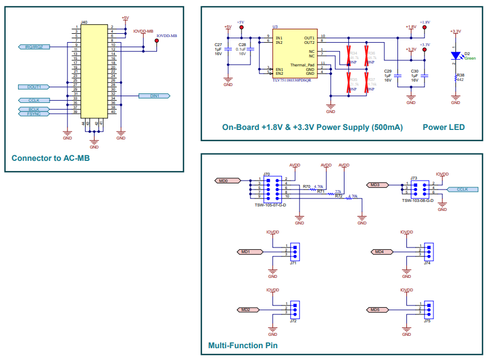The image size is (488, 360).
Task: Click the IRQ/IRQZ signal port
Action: (x=34, y=47)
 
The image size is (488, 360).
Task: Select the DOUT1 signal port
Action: (x=34, y=87)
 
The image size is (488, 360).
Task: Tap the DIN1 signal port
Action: (x=154, y=96)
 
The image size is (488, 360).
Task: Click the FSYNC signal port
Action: (x=34, y=114)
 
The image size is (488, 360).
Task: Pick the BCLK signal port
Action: (x=34, y=109)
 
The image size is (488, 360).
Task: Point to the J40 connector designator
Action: (x=84, y=22)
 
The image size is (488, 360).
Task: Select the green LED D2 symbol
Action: (x=456, y=55)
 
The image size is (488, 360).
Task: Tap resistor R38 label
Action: (x=460, y=74)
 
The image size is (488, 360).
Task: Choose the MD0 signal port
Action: (x=227, y=181)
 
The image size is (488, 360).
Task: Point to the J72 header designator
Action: (x=293, y=321)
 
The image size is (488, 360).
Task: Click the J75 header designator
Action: (x=427, y=321)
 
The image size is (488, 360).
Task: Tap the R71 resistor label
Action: (x=320, y=191)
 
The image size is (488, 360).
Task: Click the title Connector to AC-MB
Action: (x=51, y=158)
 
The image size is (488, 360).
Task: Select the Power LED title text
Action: (x=444, y=128)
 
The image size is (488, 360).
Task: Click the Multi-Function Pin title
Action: (x=243, y=345)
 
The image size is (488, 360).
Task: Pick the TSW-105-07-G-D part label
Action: (x=270, y=205)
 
